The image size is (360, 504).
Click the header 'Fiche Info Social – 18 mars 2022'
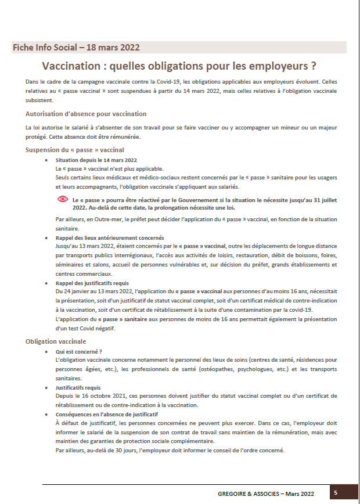[76, 47]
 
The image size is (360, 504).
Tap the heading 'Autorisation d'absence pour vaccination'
[86, 114]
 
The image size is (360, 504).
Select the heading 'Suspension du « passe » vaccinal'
[75, 150]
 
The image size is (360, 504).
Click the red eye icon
[62, 199]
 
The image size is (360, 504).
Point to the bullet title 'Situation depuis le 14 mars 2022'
[96, 160]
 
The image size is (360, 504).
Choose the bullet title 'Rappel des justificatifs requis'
[93, 283]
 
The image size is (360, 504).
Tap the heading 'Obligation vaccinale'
[56, 341]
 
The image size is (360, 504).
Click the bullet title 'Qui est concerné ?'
[78, 351]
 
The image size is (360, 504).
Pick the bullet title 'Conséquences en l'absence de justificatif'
[107, 415]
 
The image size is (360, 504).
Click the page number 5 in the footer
[336, 492]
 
